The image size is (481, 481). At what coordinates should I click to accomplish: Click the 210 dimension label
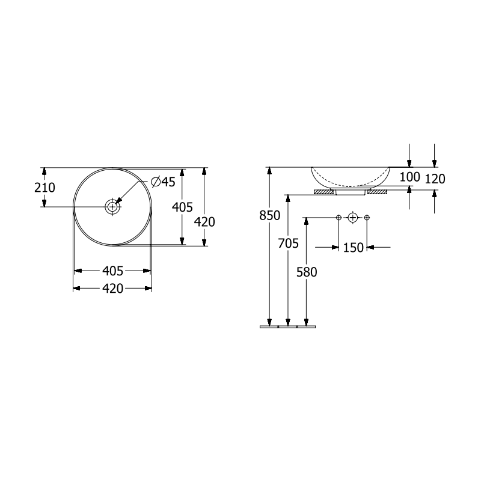coord(44,188)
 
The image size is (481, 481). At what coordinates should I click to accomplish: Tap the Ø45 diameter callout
coord(164,182)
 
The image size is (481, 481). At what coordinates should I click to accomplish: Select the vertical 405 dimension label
coord(182,207)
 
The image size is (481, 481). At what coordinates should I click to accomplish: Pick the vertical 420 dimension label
coord(204,222)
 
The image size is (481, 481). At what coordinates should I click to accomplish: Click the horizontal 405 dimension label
coord(112,271)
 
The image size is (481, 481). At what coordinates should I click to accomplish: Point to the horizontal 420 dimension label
coord(112,289)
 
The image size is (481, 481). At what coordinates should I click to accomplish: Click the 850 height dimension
coord(269,215)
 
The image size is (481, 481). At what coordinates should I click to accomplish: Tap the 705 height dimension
coord(289,244)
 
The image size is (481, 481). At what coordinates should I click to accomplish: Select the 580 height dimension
coord(307,272)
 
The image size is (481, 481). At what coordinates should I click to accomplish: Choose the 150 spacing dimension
coord(353,248)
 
